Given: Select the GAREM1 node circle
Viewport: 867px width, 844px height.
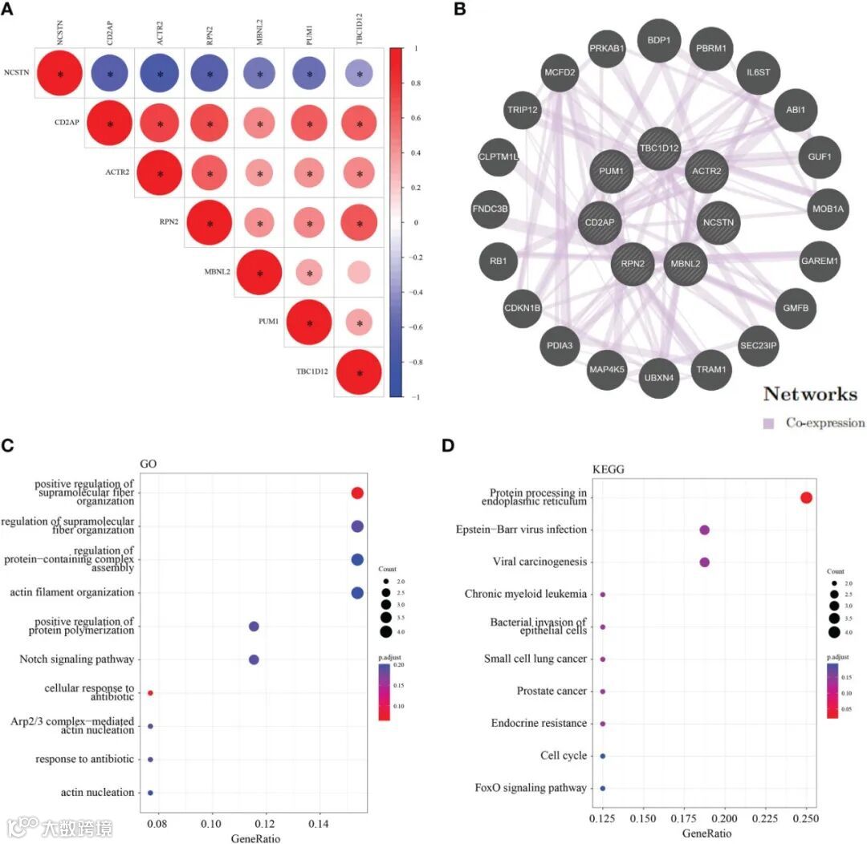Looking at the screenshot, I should point(819,260).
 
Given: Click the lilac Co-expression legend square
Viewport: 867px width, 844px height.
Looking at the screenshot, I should point(768,423).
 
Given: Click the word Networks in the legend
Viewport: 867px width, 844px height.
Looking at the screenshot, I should point(810,394).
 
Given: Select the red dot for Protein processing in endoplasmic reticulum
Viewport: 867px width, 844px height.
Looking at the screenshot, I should point(806,498).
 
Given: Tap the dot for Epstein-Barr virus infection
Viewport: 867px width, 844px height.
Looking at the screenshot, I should point(704,530).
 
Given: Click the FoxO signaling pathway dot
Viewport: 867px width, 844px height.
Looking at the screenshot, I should point(603,788).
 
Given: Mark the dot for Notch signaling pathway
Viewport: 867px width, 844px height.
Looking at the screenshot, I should point(254,659).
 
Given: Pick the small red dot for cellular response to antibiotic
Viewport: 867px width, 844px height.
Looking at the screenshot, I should point(150,692).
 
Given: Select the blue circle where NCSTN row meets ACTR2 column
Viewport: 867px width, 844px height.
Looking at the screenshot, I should point(160,75).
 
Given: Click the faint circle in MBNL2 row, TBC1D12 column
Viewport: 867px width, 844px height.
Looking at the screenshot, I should point(360,273).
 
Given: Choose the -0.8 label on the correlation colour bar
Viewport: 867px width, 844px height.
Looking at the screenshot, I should point(416,363).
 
